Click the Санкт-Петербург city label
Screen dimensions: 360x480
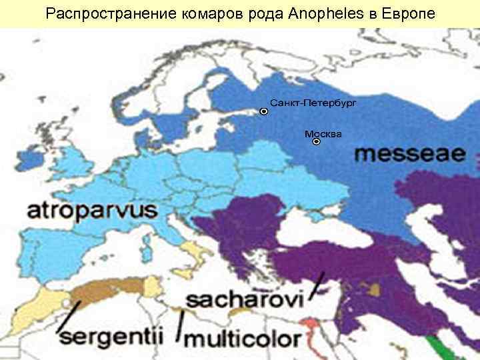(x=313, y=104)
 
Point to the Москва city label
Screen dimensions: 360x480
(x=323, y=134)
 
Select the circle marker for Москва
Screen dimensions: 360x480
(x=317, y=142)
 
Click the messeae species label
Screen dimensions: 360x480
(x=409, y=154)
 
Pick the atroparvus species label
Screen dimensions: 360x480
(x=91, y=211)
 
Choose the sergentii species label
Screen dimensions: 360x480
(x=110, y=335)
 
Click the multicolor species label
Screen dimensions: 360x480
(x=241, y=339)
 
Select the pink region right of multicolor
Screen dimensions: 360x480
(x=311, y=329)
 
